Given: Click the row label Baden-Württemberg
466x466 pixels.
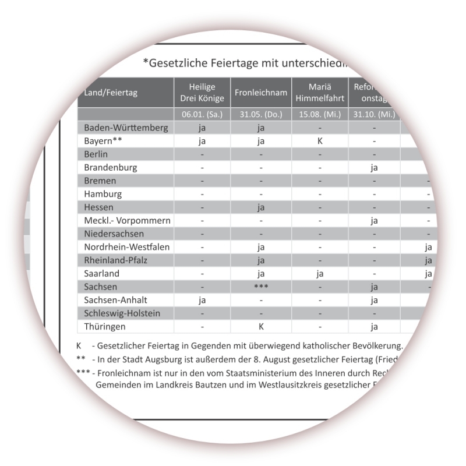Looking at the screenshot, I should coord(126,128).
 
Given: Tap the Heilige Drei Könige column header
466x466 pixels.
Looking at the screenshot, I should coord(202,92).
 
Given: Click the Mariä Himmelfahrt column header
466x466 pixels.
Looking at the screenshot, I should coord(320,92).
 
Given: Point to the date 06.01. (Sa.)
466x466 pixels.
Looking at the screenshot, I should coord(202,114).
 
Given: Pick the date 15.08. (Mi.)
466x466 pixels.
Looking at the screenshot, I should coord(320,114).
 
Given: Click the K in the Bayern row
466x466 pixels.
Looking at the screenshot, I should coord(320,141).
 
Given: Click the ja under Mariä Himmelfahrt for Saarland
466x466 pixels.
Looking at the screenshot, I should coord(320,274).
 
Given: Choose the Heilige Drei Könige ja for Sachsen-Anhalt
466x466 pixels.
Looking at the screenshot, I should coord(202,301).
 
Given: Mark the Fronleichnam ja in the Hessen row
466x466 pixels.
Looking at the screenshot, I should coord(262,207).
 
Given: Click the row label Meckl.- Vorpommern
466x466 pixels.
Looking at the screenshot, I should coord(127,221).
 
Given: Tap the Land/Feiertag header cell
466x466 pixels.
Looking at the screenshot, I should coord(110,92).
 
